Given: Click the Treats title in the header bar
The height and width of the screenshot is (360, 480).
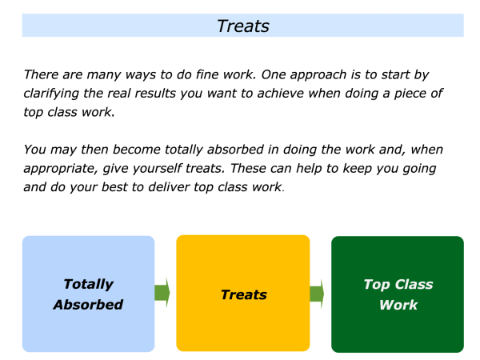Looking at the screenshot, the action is (243, 26).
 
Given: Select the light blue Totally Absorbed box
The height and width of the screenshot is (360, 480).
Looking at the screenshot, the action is (89, 294).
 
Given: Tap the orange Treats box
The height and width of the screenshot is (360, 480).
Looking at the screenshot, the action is (243, 294).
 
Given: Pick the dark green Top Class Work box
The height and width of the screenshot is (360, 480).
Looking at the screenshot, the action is (398, 294).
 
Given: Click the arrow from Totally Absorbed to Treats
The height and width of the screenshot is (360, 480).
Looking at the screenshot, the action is (162, 293).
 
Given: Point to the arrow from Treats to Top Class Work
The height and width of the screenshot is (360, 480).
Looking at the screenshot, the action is (317, 294).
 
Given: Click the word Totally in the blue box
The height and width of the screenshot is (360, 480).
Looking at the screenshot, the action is (89, 284).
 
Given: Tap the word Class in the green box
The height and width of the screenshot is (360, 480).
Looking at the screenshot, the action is (414, 284).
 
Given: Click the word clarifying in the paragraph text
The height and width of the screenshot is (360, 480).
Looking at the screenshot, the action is (51, 94).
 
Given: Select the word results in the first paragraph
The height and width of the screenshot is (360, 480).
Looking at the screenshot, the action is (155, 94).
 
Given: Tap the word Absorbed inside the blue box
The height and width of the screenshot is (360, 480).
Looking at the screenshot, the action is (88, 305).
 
